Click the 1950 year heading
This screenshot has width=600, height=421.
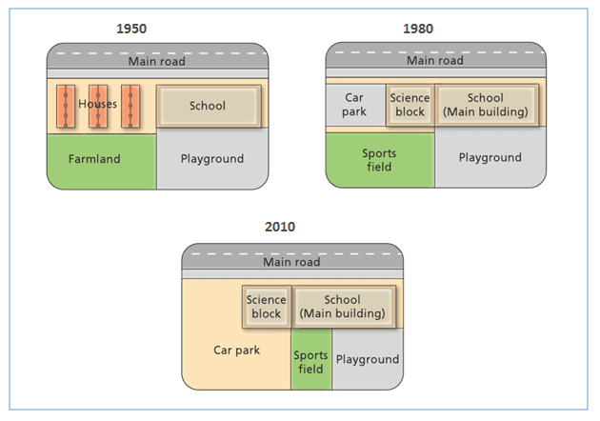pos(132,29)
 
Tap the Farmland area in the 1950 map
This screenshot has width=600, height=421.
pos(95,159)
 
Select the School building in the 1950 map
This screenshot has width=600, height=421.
pos(208,106)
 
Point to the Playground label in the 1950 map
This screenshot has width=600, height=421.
pos(212,159)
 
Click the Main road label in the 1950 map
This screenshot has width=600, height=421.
pos(157,62)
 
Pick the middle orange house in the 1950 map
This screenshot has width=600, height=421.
pos(95,106)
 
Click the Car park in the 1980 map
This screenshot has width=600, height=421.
pos(354,105)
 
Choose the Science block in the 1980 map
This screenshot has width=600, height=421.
pos(410,105)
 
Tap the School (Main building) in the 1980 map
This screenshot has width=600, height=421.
pos(486,105)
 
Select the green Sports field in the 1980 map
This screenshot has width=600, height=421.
pos(379,159)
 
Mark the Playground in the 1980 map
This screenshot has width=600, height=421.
pos(490,158)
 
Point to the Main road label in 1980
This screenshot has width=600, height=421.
pos(435,61)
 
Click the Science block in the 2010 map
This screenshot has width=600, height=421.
pos(266,306)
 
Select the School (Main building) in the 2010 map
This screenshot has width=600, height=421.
pos(342,306)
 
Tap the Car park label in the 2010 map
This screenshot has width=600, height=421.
pos(236,350)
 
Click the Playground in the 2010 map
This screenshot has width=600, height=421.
pos(367,359)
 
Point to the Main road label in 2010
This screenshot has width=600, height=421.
pos(291,262)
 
